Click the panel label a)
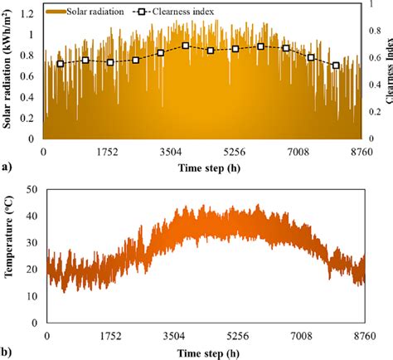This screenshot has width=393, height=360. (7, 165)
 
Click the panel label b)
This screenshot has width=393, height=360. (7, 352)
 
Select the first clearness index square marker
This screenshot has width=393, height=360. (61, 64)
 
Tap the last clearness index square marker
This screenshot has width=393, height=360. (336, 66)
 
